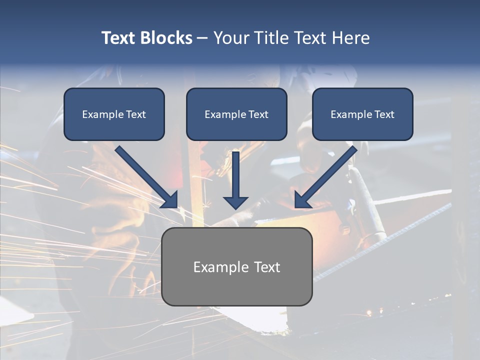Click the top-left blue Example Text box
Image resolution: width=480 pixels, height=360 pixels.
tap(114, 114)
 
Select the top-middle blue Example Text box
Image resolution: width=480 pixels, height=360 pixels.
tap(236, 114)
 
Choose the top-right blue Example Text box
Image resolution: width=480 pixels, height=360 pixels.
tap(362, 114)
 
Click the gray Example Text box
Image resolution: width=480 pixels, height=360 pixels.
tap(236, 266)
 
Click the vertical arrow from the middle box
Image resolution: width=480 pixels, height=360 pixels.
tap(235, 175)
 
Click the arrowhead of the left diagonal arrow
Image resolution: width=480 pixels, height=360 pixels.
tap(170, 200)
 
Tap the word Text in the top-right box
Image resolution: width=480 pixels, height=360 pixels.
tap(384, 114)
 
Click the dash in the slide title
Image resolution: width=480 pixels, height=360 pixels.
tap(202, 38)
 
